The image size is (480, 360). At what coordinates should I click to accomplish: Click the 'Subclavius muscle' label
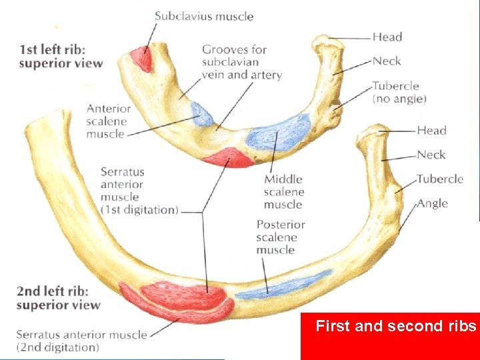pos(204,16)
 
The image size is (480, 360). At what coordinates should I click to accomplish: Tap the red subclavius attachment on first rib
pos(142,58)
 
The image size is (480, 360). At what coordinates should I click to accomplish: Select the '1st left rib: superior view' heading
pos(61,57)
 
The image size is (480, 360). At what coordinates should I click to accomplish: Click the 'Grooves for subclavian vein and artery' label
pos(242,62)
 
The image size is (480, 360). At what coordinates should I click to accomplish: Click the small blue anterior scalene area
pos(202,115)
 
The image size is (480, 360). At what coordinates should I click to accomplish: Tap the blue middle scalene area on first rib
pos(279,131)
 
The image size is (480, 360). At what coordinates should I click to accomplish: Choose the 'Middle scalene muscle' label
pos(283,191)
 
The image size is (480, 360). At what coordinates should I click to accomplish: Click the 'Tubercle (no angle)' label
pos(399,92)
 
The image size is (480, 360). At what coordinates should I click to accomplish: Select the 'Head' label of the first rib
pos(387,37)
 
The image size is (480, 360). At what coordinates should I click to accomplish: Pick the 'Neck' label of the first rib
pos(387,61)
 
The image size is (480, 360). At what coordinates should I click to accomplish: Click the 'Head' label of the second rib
pos(431,130)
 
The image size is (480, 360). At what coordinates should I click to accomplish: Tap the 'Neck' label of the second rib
pos(431,155)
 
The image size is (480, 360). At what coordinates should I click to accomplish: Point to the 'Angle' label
pos(433,203)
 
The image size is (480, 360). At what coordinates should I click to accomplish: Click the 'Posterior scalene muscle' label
pos(281,237)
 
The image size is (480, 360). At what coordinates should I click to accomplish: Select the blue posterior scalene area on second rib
pos(283,286)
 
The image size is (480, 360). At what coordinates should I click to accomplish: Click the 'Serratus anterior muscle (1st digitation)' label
pos(139,191)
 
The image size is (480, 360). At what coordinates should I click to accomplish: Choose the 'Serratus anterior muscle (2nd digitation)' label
pos(81,341)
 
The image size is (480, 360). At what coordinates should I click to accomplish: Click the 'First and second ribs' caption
pos(396,327)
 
